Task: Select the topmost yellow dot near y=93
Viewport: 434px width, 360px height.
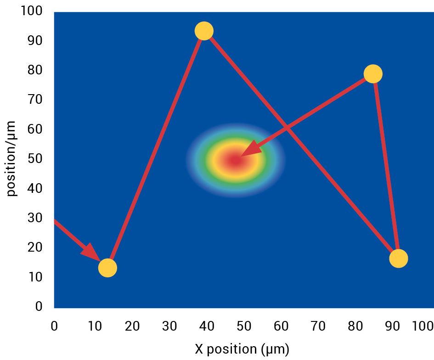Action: coord(204,31)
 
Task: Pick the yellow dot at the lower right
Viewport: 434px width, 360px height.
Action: coord(398,259)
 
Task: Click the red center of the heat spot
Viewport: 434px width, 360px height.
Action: coord(235,160)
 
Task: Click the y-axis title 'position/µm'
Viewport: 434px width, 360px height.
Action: coord(12,158)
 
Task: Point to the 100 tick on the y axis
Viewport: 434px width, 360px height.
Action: coord(32,11)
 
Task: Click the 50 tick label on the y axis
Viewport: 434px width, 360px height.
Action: coord(36,159)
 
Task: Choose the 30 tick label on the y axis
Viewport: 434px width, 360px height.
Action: coord(36,218)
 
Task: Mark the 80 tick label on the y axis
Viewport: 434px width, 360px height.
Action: coord(36,70)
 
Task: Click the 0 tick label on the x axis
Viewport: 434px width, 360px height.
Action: coord(54,326)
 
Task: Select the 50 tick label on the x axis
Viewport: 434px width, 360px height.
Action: coord(244,326)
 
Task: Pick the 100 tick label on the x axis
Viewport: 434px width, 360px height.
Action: coord(423,326)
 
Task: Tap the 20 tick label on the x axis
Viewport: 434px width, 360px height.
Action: coord(132,326)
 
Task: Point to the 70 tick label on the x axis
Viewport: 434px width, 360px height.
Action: coord(318,326)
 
